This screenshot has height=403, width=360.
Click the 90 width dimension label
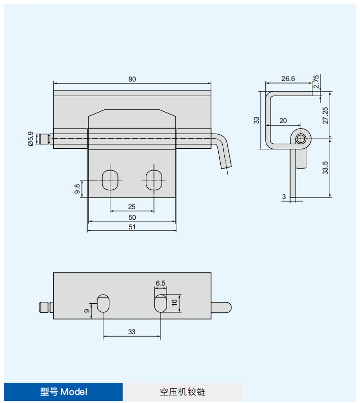coord(132,79)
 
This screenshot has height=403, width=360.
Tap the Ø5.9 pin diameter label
coord(31,138)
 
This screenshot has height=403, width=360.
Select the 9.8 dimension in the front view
coord(77,189)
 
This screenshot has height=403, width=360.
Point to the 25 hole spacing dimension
coord(132,207)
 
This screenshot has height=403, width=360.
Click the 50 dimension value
coord(132,217)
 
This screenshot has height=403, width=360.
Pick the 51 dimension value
coord(132,227)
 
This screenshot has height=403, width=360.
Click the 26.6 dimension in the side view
coord(288,78)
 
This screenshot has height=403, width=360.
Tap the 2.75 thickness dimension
coord(316,82)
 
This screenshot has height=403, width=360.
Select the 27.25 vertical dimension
coord(326,115)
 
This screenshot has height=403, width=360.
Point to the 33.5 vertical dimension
coord(326,168)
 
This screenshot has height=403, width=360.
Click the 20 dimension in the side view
coord(283,120)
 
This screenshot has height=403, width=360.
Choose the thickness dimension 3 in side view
coord(284,196)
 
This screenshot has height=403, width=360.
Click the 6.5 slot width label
coord(161,284)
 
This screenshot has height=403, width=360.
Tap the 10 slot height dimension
coord(175,303)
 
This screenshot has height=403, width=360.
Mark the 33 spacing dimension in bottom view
coord(132,332)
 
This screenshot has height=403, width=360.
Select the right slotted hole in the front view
coord(154,180)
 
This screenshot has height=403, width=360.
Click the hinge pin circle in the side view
coord(301,138)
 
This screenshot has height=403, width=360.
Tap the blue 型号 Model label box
coord(64,392)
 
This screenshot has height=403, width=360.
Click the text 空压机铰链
coord(182,392)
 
